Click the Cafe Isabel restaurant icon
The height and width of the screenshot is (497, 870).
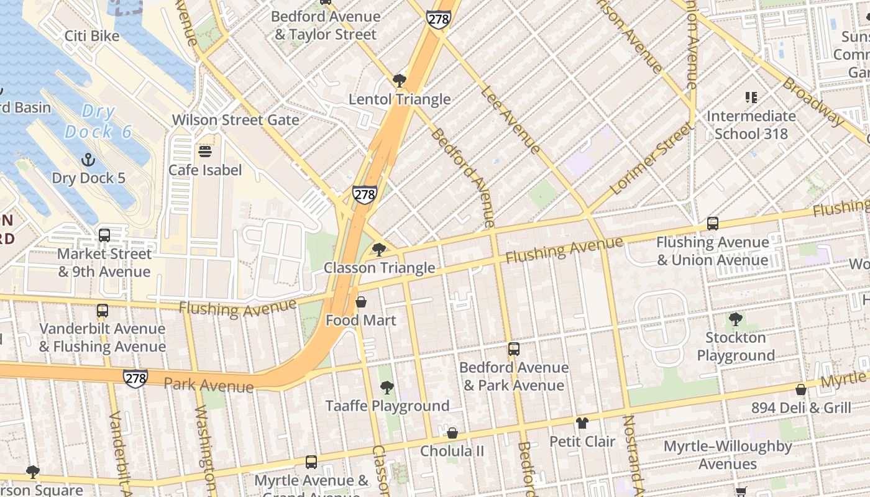(205, 152)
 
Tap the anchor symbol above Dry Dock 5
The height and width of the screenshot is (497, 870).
(88, 160)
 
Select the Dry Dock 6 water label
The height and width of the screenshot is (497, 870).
(99, 122)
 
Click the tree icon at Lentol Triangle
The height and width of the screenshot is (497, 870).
(400, 81)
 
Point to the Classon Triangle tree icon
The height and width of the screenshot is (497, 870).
(378, 250)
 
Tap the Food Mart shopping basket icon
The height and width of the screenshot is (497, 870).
(361, 303)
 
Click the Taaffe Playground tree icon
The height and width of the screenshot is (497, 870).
(387, 388)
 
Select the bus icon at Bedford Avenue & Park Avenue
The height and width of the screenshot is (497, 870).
(514, 349)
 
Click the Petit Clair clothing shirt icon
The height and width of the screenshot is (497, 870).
(582, 424)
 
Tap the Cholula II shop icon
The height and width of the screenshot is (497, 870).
(452, 433)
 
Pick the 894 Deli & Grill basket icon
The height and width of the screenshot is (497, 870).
(801, 390)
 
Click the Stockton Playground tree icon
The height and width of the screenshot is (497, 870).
(736, 320)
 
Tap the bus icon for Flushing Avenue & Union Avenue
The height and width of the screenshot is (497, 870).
(713, 224)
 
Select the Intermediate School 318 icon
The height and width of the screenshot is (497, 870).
(751, 98)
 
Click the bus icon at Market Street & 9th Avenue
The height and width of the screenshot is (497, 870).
(104, 235)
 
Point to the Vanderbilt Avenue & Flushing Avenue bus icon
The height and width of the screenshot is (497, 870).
(103, 311)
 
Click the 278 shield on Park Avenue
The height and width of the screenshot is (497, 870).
(135, 378)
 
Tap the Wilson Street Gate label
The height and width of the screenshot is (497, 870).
(236, 120)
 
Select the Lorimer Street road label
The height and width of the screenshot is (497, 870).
(652, 159)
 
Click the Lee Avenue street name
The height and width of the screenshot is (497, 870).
(510, 119)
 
